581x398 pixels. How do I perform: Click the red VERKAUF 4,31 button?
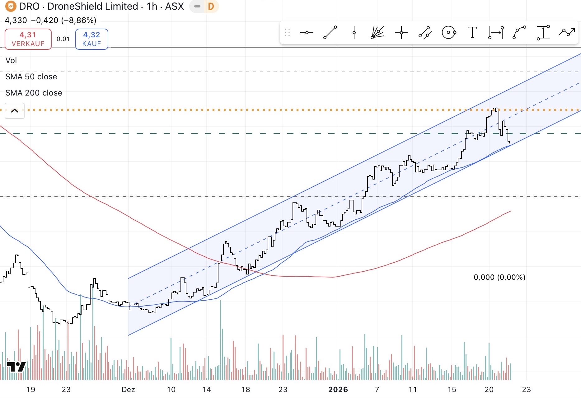pyautogui.click(x=28, y=39)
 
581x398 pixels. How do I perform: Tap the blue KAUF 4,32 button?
pyautogui.click(x=91, y=39)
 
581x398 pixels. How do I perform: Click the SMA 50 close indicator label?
pyautogui.click(x=31, y=77)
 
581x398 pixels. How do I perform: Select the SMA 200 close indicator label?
pyautogui.click(x=34, y=93)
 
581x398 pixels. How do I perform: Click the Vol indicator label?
pyautogui.click(x=11, y=61)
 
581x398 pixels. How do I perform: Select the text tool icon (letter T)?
pyautogui.click(x=472, y=32)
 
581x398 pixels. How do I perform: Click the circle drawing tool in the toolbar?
pyautogui.click(x=449, y=32)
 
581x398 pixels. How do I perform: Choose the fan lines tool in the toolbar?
pyautogui.click(x=377, y=32)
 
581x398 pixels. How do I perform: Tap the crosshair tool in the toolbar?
pyautogui.click(x=401, y=32)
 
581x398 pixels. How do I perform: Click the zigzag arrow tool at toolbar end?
pyautogui.click(x=566, y=32)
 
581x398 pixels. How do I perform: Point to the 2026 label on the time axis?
pyautogui.click(x=338, y=390)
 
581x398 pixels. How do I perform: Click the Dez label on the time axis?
pyautogui.click(x=128, y=390)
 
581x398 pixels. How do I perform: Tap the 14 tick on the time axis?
pyautogui.click(x=206, y=390)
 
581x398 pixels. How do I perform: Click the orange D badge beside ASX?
pyautogui.click(x=211, y=7)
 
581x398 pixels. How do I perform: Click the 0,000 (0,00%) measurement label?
pyautogui.click(x=499, y=277)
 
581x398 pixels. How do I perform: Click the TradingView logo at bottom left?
pyautogui.click(x=16, y=367)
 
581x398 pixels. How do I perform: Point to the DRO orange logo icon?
pyautogui.click(x=11, y=6)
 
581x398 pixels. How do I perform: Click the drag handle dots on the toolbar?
pyautogui.click(x=287, y=32)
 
